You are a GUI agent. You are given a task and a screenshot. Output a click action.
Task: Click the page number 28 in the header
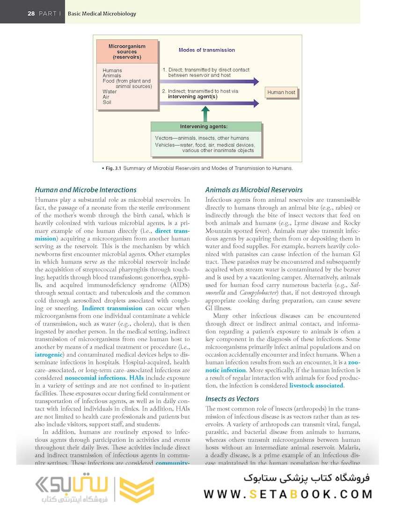[x=31, y=14]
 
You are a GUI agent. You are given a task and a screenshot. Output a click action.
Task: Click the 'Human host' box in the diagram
[x=281, y=93]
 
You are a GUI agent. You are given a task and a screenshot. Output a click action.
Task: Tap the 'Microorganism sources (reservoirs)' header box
[x=127, y=52]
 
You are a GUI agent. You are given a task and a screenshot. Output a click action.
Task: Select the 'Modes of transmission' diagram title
[x=206, y=50]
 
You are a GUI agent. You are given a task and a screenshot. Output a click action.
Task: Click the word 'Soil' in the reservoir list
[x=107, y=102]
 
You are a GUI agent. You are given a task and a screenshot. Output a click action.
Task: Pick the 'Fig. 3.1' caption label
[x=112, y=168]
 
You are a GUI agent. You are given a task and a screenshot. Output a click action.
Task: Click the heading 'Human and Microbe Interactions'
[x=86, y=190]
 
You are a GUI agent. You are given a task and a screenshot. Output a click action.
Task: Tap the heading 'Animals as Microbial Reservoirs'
[x=254, y=190]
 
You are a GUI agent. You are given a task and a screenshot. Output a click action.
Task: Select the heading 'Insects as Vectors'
[x=232, y=399]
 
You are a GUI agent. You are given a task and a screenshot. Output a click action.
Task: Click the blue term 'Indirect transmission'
[x=112, y=308]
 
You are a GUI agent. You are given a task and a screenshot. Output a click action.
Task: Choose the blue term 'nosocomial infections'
[x=95, y=377]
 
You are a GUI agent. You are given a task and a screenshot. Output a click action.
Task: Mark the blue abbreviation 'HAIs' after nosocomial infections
[x=137, y=377]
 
